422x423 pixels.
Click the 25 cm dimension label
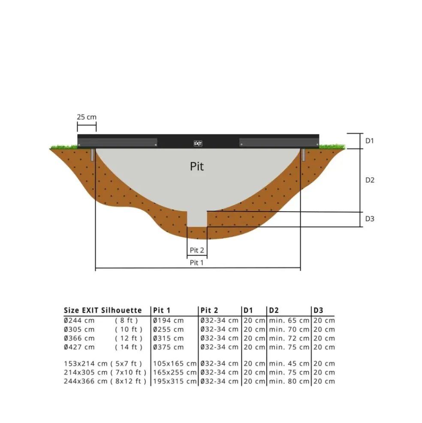click(87, 117)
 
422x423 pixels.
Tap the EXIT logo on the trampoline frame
click(198, 144)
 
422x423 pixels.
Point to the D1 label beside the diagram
click(369, 141)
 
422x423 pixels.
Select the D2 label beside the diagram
click(370, 180)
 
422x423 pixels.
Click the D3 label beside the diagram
click(370, 218)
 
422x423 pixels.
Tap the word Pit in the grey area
click(197, 166)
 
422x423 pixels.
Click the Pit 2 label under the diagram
click(197, 251)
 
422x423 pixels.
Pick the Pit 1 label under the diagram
click(196, 263)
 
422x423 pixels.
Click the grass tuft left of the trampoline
click(64, 147)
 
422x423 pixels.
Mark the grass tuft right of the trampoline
click(332, 146)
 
